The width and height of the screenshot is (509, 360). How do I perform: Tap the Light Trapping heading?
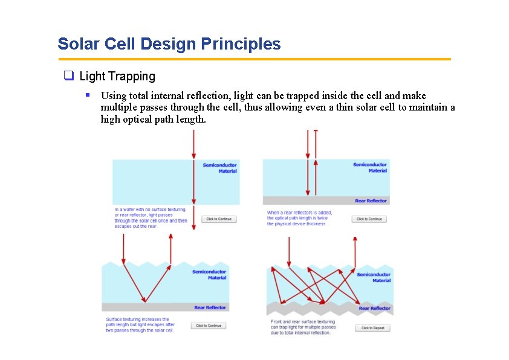click(117, 76)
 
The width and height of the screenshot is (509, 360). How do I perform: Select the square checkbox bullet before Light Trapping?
click(68, 76)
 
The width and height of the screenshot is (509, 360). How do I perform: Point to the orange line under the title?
click(254, 59)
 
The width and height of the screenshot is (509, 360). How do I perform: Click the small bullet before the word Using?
click(88, 95)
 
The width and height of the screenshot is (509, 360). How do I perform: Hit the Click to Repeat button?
click(372, 328)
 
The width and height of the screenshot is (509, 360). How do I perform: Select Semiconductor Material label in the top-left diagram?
click(219, 168)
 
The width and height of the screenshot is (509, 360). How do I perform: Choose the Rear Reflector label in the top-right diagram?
click(371, 201)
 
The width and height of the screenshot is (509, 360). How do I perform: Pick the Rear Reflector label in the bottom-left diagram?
click(210, 307)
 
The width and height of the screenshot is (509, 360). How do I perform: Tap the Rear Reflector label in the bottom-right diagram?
click(375, 308)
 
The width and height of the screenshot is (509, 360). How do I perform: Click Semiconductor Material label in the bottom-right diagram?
click(374, 277)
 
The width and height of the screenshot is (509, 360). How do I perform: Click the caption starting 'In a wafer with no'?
click(151, 218)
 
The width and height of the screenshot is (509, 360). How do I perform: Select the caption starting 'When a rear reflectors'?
click(299, 218)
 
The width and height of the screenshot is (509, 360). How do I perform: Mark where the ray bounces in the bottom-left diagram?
click(144, 301)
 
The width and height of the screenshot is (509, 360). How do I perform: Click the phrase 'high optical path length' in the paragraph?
click(153, 119)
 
